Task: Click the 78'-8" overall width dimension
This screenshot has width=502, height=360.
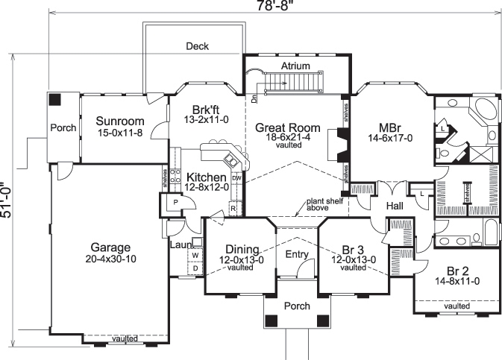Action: point(273,7)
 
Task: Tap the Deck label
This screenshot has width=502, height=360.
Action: point(198,46)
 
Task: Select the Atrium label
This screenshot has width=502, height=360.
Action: point(295,66)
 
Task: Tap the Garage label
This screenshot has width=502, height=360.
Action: point(111,247)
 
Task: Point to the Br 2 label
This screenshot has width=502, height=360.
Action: point(457,271)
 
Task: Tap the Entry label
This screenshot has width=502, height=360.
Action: point(297,255)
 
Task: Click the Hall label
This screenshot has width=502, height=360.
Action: point(395,205)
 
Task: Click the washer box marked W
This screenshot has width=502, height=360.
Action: point(195,255)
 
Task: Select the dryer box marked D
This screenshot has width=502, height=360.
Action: point(195,268)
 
